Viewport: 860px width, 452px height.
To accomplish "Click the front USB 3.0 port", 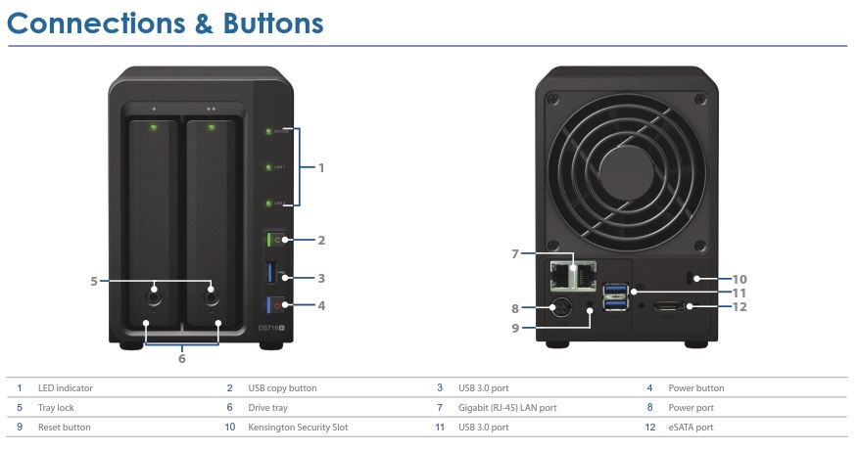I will pos(270,274).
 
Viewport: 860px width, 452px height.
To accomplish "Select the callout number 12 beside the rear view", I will pos(739,306).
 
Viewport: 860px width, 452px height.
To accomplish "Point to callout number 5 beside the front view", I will pos(93,281).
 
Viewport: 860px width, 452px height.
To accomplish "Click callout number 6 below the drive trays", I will pos(181,359).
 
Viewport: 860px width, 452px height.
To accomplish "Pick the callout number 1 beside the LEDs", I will pos(320,167).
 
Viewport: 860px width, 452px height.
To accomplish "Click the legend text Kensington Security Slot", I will pos(298,428).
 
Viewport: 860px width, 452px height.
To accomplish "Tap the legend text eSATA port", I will pos(691,428).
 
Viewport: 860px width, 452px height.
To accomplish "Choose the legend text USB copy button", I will pos(282,388).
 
